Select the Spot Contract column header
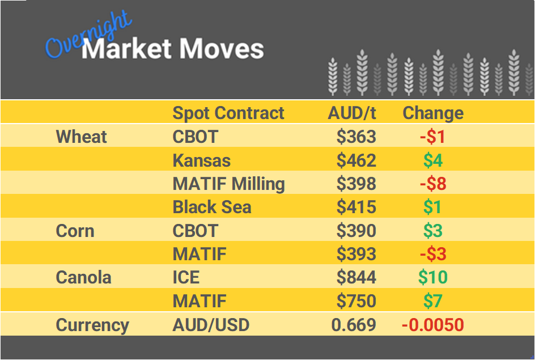pyautogui.click(x=228, y=113)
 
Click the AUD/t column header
pyautogui.click(x=351, y=113)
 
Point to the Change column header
pyautogui.click(x=433, y=113)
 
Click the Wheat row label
pyautogui.click(x=82, y=137)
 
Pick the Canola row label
pyautogui.click(x=83, y=277)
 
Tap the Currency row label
pyautogui.click(x=92, y=325)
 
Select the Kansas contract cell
pyautogui.click(x=202, y=160)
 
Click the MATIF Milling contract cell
pyautogui.click(x=228, y=184)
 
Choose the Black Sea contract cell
pyautogui.click(x=212, y=207)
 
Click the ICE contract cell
pyautogui.click(x=186, y=277)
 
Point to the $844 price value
pyautogui.click(x=356, y=277)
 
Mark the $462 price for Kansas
pyautogui.click(x=356, y=160)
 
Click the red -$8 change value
pyautogui.click(x=433, y=184)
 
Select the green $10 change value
pyautogui.click(x=433, y=277)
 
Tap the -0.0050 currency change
pyautogui.click(x=433, y=325)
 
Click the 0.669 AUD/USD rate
pyautogui.click(x=354, y=325)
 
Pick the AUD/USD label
pyautogui.click(x=211, y=325)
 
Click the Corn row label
pyautogui.click(x=75, y=231)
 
